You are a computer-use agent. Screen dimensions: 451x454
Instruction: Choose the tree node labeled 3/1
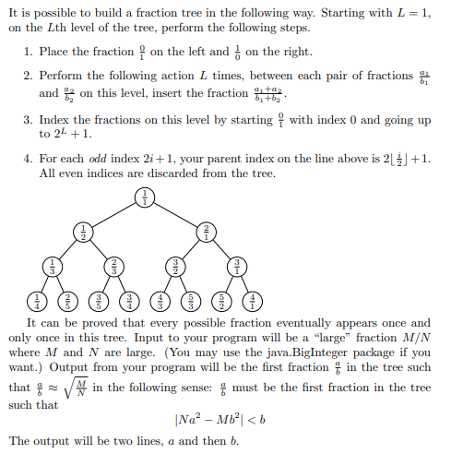click(237, 266)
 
